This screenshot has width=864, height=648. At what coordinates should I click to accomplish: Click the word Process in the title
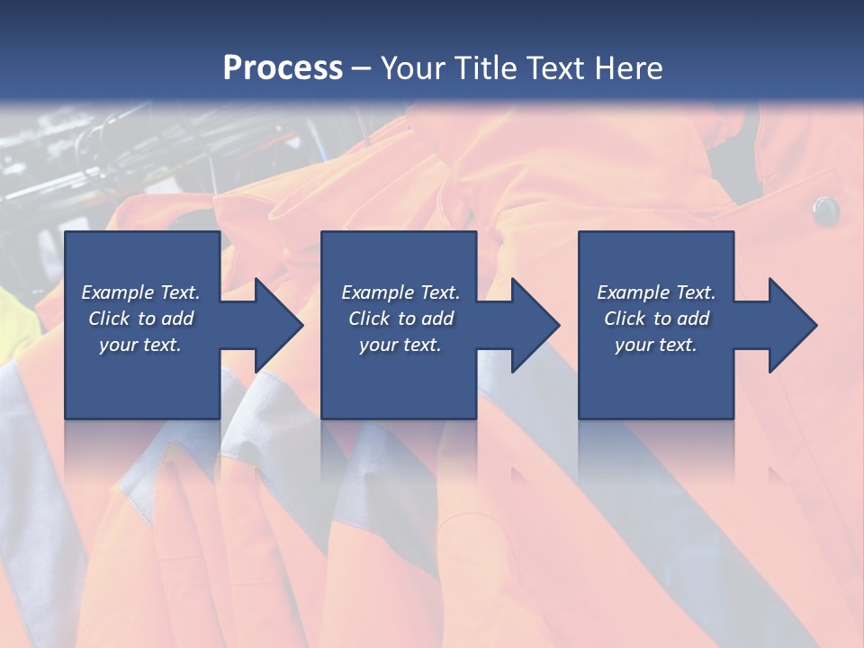pos(283,68)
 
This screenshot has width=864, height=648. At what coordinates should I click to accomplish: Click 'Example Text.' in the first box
pos(140,292)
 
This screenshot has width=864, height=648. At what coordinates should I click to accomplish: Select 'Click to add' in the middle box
pos(400,319)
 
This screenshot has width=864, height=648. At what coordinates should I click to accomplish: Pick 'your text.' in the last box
pos(656,345)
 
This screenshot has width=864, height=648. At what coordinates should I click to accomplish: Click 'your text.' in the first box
pos(140,345)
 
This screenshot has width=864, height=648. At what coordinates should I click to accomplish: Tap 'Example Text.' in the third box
pos(656,292)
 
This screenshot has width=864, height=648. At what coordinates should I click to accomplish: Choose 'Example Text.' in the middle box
pos(400,292)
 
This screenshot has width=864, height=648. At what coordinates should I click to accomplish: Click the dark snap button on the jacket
pos(825,211)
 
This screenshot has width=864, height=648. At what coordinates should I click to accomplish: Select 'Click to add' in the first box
pos(140,319)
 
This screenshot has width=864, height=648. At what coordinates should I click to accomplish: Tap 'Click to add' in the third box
pos(656,319)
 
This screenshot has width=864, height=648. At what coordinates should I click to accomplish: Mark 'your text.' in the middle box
pos(400,345)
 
